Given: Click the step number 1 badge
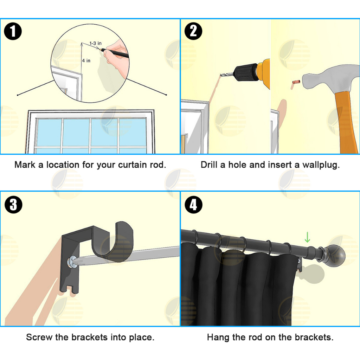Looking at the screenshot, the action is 13,31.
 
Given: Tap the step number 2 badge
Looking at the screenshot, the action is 193,31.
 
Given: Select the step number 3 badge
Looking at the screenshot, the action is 14,205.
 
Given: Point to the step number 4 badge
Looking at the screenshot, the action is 194,205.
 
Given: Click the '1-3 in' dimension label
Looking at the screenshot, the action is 95,43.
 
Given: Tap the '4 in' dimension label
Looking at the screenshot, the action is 86,60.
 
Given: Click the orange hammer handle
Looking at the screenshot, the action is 346,122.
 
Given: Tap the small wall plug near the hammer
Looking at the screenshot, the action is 296,82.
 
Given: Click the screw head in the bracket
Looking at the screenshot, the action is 72,262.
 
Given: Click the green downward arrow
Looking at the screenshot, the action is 307,237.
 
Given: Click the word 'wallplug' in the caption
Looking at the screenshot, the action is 321,165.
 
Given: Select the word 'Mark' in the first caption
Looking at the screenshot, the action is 25,165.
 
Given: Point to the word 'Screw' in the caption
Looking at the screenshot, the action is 39,337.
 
